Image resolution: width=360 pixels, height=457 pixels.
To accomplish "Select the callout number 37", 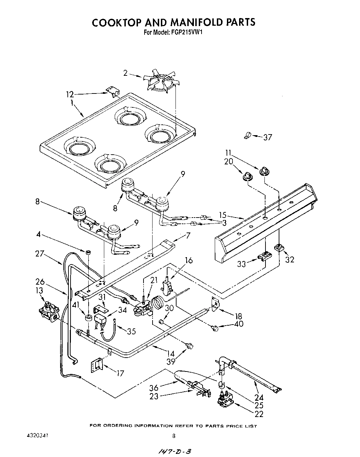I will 267,137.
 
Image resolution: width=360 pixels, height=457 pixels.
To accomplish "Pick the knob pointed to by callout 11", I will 264,171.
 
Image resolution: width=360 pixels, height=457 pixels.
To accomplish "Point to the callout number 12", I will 70,94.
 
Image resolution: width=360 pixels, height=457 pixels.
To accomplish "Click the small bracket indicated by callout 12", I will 113,92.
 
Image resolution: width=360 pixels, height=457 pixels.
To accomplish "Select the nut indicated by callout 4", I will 89,251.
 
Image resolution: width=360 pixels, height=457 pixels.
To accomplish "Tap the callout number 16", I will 189,260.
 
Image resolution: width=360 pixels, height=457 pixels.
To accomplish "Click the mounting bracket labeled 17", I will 97,365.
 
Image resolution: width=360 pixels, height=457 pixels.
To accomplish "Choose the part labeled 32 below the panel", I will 279,248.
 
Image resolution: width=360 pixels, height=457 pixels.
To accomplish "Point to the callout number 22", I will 259,414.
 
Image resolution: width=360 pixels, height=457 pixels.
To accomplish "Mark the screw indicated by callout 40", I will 215,327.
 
